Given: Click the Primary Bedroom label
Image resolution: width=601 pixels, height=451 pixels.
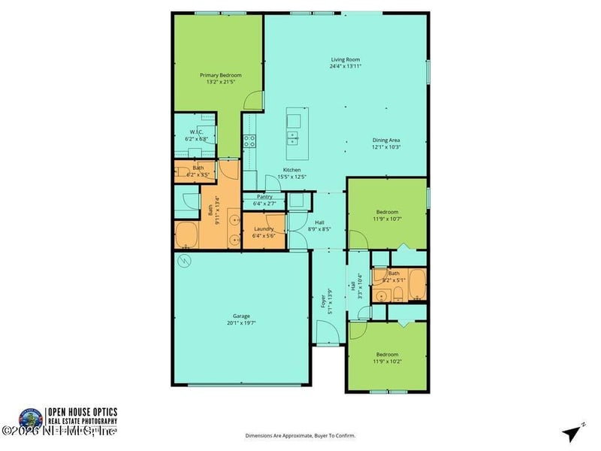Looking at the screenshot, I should coord(220,75).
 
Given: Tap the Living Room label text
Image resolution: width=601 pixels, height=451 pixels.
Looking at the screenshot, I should coord(346,59).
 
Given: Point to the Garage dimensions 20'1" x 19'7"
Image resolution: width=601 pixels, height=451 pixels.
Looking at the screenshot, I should coord(241,322).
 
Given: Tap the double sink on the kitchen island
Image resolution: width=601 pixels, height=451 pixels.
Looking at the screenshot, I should coord(293,138).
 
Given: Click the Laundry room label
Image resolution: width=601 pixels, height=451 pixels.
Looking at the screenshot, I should coord(263,229).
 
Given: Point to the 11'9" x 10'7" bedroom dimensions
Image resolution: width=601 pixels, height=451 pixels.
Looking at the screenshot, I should coord(387,219).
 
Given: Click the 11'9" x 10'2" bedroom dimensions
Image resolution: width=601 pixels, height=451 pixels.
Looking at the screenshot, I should coord(387,362).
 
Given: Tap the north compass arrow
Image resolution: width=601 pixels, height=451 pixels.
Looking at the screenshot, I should coord(573,433).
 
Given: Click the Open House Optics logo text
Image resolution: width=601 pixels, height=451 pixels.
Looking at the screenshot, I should coord(83,416).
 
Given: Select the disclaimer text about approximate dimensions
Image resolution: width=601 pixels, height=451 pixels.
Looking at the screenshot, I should coord(300,435).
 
